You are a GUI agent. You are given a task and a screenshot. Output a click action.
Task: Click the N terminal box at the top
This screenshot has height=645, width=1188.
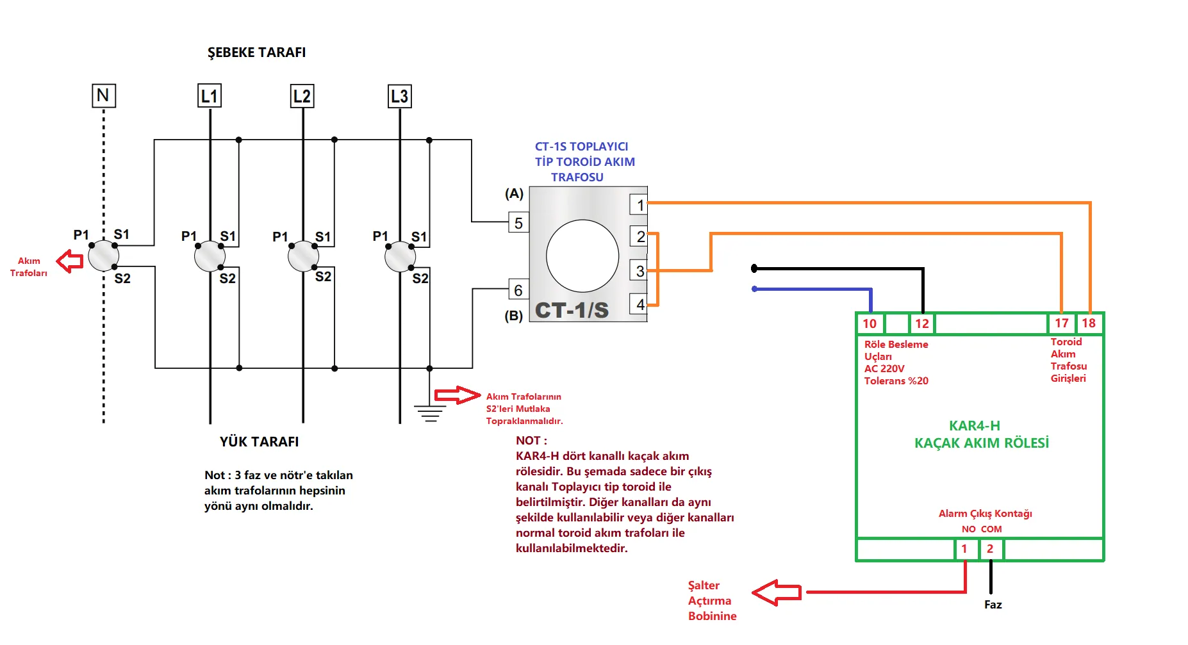click(x=103, y=95)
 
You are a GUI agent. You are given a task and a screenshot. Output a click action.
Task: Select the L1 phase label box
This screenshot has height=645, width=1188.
click(x=209, y=96)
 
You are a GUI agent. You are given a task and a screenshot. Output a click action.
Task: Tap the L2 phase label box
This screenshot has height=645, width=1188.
click(x=302, y=96)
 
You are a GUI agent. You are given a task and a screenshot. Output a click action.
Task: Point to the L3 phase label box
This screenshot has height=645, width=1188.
click(x=399, y=96)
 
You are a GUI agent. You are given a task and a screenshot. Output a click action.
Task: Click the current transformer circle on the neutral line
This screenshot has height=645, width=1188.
click(x=103, y=256)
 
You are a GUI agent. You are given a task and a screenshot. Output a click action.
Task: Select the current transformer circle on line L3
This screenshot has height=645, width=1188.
click(x=400, y=257)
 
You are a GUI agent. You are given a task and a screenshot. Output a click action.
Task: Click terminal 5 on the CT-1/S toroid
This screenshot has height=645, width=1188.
click(x=518, y=222)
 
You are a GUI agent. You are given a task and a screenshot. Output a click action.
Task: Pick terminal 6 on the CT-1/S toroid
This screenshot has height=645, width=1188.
click(x=518, y=290)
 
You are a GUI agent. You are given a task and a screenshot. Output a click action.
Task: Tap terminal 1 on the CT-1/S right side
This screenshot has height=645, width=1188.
click(x=639, y=204)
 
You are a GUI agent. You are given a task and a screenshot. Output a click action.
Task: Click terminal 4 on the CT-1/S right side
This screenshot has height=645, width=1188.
click(x=639, y=304)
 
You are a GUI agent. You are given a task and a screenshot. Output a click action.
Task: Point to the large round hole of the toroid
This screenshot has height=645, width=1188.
click(x=582, y=256)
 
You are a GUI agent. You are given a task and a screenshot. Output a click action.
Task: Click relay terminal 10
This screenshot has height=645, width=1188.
click(x=870, y=323)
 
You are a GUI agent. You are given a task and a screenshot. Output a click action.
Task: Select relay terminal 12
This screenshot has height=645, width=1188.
click(x=922, y=323)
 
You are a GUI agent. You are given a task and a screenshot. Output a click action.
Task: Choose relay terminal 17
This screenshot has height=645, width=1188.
click(x=1061, y=323)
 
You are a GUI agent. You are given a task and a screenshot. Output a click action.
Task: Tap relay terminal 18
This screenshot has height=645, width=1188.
click(x=1089, y=323)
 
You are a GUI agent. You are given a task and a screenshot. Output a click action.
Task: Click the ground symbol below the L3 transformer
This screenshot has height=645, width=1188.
click(x=430, y=413)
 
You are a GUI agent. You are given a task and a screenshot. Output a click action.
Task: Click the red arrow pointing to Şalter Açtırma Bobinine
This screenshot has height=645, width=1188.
click(x=776, y=592)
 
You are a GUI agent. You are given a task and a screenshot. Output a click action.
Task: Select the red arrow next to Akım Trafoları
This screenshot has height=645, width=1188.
click(x=70, y=261)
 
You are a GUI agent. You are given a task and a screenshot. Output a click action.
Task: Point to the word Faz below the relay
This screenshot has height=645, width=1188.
click(x=993, y=605)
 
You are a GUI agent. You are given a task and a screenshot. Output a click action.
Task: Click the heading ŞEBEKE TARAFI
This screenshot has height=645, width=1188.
click(x=256, y=53)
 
